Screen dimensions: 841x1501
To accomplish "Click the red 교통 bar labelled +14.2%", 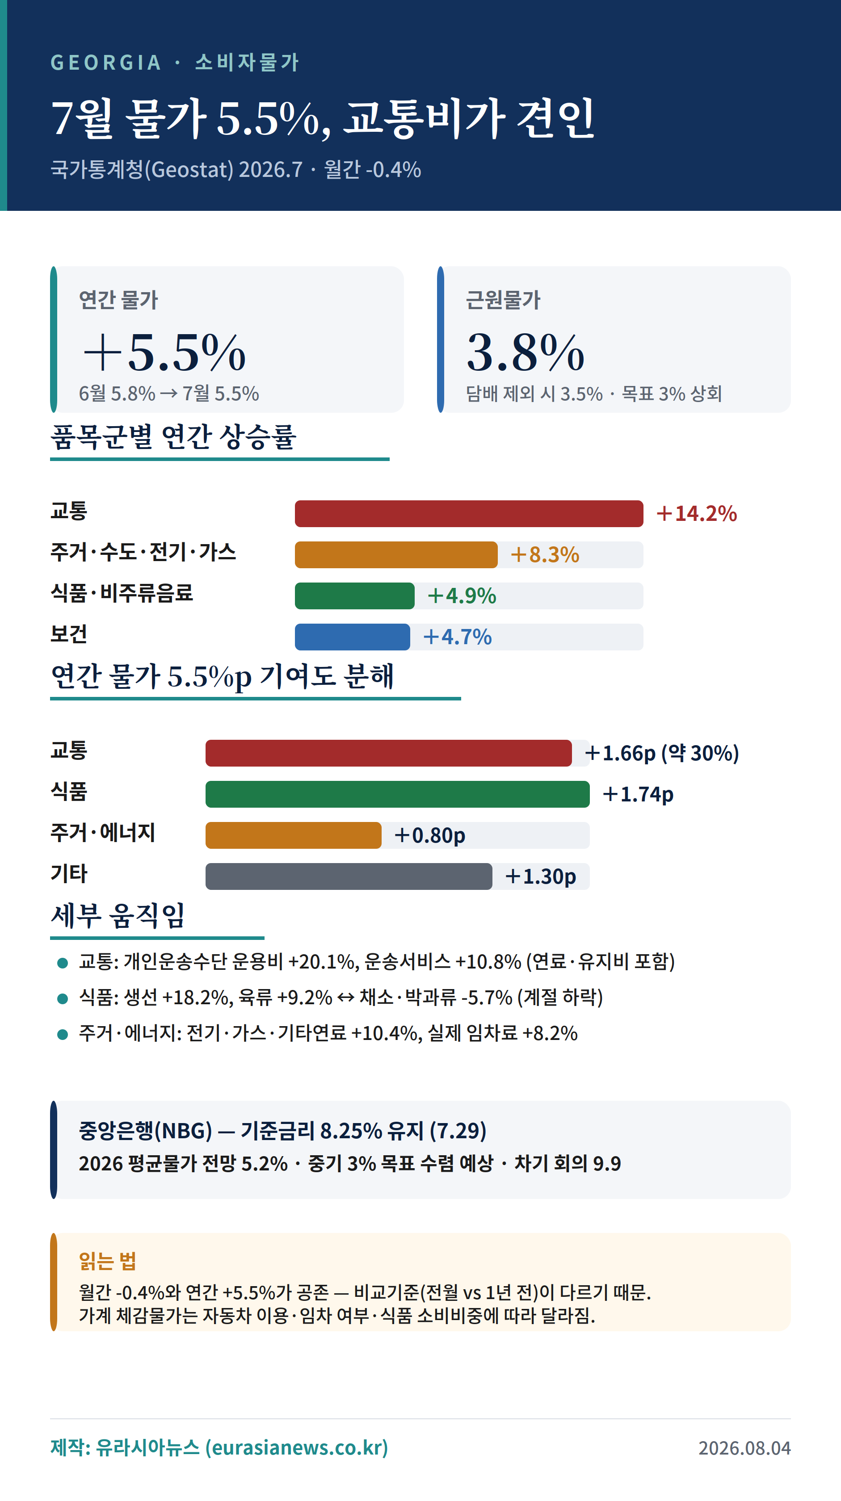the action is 469,513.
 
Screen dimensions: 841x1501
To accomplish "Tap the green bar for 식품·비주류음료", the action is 354,595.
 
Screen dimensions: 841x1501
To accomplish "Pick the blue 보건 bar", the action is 352,637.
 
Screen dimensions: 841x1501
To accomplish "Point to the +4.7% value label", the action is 458,637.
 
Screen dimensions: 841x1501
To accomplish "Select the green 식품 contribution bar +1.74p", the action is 397,794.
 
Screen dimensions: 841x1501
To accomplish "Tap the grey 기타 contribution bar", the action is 349,876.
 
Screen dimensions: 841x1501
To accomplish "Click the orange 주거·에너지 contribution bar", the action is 293,835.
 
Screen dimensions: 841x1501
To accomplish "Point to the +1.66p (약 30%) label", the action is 662,753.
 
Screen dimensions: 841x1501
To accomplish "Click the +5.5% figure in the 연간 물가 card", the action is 164,352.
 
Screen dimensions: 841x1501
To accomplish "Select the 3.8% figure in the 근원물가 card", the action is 525,352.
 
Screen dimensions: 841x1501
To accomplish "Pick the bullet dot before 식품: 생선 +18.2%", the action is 63,999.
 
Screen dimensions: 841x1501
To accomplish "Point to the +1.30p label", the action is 540,876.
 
